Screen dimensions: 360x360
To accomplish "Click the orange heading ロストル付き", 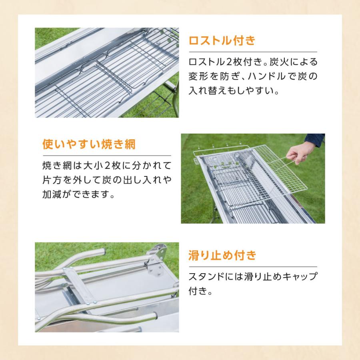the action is (x=222, y=40).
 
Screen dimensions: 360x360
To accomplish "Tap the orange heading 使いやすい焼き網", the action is (x=89, y=144).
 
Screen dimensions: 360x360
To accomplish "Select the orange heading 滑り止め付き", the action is (x=222, y=255).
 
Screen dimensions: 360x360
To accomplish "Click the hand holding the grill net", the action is (x=300, y=152).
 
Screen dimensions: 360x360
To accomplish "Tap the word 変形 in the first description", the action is (x=198, y=76).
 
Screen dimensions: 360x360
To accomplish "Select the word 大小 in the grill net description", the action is (x=93, y=166).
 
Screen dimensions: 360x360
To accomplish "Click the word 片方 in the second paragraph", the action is (x=52, y=180).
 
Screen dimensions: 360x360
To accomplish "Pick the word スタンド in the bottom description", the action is (x=206, y=276).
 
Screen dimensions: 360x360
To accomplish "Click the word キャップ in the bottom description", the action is (x=299, y=276).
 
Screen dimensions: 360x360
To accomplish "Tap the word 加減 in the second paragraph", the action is (x=52, y=194).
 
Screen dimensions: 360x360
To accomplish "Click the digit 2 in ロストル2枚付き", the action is (x=229, y=62).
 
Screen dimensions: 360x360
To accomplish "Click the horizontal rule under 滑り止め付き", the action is (x=253, y=267).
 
